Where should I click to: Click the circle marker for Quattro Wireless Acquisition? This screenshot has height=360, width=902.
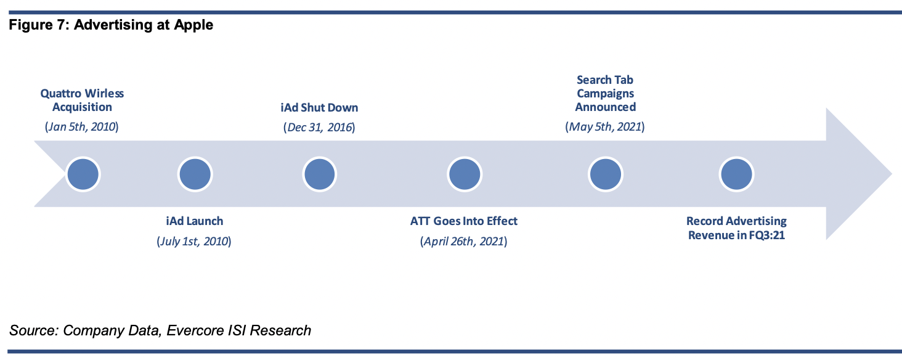click(x=83, y=174)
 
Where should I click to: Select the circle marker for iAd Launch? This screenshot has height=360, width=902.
click(x=195, y=174)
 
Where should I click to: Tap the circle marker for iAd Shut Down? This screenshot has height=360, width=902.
click(x=319, y=174)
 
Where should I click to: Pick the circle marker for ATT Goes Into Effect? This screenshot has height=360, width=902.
click(x=465, y=174)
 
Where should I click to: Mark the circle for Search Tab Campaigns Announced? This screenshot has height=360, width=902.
click(x=605, y=174)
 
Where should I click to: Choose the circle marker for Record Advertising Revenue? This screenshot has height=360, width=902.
click(x=736, y=174)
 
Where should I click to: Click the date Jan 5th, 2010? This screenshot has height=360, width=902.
click(x=82, y=127)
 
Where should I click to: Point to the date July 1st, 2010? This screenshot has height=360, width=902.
click(x=194, y=241)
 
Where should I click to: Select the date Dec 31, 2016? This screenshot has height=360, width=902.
click(x=319, y=127)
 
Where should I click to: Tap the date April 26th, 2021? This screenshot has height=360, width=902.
click(x=464, y=241)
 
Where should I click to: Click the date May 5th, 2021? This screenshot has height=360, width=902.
click(x=605, y=127)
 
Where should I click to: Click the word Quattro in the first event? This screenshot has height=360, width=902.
click(x=60, y=94)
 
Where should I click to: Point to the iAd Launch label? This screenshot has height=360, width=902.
click(x=195, y=221)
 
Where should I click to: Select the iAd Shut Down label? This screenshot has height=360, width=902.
click(x=319, y=107)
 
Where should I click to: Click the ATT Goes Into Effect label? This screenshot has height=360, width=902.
click(x=464, y=221)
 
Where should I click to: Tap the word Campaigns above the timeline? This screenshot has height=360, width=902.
click(x=605, y=94)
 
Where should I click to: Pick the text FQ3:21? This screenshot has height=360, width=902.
click(x=766, y=235)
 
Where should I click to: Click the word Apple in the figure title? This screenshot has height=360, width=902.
click(x=193, y=25)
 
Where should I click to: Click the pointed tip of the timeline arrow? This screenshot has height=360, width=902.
click(x=892, y=174)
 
